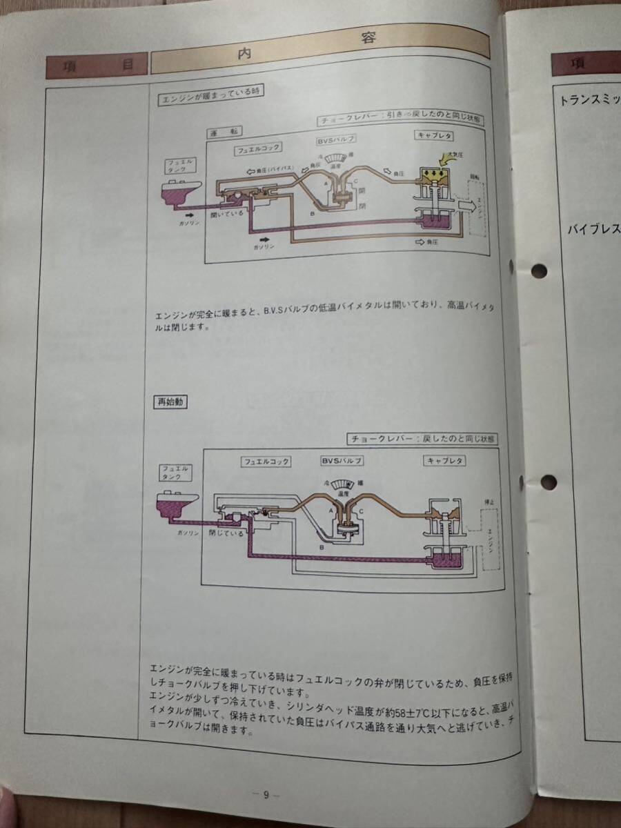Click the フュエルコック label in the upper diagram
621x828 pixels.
pyautogui.click(x=258, y=149)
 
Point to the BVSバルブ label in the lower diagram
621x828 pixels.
pyautogui.click(x=341, y=460)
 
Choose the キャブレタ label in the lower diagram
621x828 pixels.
pyautogui.click(x=446, y=460)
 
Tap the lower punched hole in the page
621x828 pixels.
pyautogui.click(x=549, y=482)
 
